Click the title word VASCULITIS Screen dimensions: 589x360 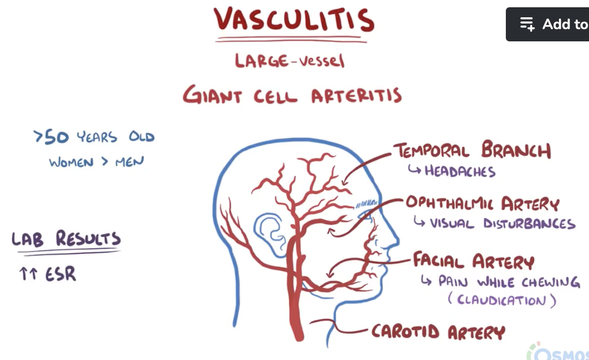tap(294, 21)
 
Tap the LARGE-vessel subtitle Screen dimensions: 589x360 tap(290, 60)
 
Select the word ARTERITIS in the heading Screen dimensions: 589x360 tap(356, 95)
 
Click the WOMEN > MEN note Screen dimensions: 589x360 tap(96, 161)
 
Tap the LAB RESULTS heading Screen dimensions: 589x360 tap(66, 239)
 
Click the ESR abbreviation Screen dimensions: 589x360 tap(60, 274)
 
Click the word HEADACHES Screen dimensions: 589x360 tap(459, 171)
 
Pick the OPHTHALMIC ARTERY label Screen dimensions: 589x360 tap(482, 203)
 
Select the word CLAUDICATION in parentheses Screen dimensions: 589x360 tap(501, 300)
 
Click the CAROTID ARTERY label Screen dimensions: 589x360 tap(438, 331)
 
